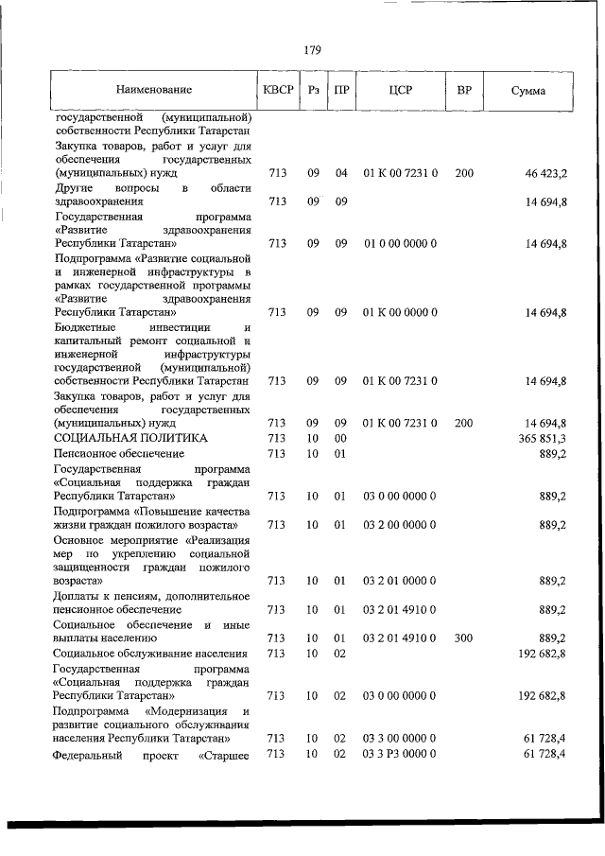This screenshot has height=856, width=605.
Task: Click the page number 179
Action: tap(311, 50)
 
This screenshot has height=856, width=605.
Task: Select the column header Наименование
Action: tap(155, 91)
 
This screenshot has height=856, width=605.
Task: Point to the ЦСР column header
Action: tap(400, 91)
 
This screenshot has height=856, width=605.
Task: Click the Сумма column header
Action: tap(527, 91)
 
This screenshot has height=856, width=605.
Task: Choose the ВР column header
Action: tap(464, 91)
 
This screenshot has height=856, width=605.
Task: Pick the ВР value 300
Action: tap(463, 638)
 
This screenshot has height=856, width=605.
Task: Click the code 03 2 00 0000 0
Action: tap(400, 524)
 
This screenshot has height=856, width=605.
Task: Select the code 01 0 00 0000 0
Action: tap(400, 243)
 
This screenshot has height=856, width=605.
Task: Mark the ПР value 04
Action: tap(342, 174)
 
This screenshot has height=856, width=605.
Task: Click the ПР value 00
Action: tap(342, 439)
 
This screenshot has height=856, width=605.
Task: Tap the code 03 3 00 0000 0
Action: tap(400, 738)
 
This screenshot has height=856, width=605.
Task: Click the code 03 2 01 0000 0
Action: tap(400, 581)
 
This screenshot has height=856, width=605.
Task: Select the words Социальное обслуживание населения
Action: tap(151, 654)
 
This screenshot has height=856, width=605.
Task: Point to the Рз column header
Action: tap(313, 91)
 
